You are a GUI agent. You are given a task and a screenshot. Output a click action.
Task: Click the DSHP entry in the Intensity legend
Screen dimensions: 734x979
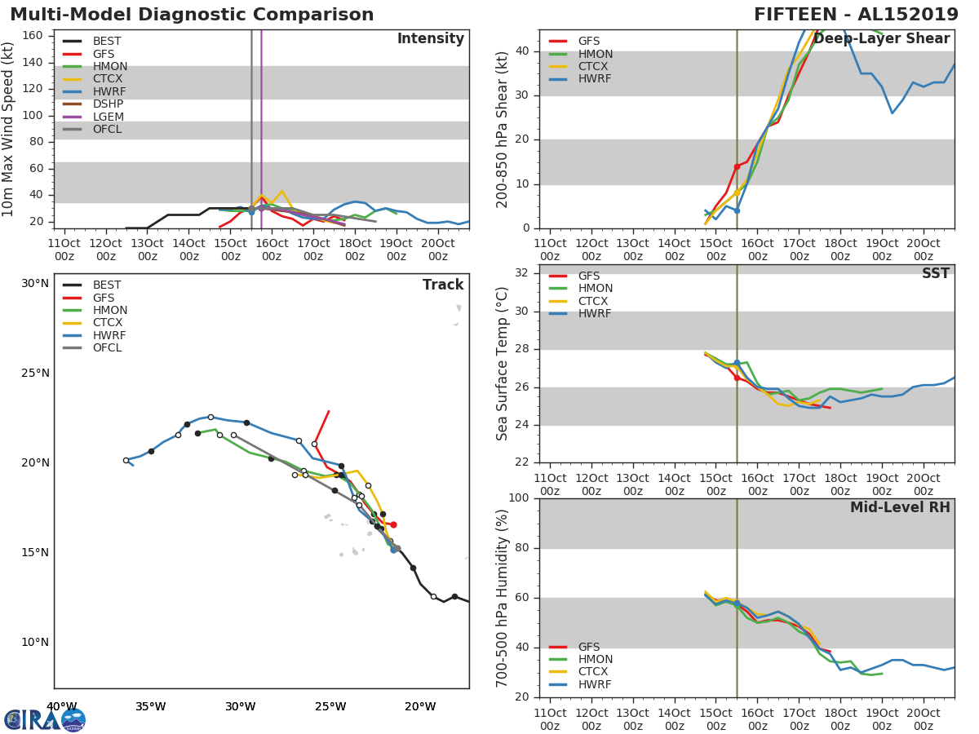(x=108, y=104)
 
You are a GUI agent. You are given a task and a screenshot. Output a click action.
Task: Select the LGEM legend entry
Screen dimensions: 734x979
(x=108, y=117)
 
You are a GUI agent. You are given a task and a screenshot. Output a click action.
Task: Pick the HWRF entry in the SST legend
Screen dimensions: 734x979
(x=594, y=314)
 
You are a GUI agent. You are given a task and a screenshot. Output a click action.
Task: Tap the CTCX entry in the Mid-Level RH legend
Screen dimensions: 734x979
(x=594, y=672)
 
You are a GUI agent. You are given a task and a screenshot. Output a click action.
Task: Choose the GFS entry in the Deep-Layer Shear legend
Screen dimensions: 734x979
(x=589, y=42)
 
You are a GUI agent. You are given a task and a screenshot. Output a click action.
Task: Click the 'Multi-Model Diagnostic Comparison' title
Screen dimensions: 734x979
(x=192, y=15)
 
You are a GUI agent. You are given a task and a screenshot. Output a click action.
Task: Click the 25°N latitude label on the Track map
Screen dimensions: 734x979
(x=35, y=374)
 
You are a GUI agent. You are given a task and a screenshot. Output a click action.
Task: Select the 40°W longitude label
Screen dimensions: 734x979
(x=61, y=706)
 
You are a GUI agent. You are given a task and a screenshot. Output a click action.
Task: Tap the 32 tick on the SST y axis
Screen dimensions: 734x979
(x=522, y=273)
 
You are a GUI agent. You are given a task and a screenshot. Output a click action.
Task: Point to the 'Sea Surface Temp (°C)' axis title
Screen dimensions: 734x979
(x=503, y=364)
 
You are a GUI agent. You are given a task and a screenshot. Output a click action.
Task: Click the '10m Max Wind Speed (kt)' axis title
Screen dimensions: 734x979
(x=9, y=129)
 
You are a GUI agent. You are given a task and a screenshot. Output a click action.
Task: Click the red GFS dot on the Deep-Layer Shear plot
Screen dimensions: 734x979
(x=737, y=166)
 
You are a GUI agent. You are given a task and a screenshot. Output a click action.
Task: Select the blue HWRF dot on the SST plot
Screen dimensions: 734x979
(x=737, y=363)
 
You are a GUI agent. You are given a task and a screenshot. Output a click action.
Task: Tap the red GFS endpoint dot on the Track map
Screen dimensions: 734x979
(x=393, y=524)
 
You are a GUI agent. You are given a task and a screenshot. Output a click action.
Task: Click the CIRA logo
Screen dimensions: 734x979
(x=45, y=720)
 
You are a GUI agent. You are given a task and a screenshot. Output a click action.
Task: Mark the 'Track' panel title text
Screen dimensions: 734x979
(x=443, y=285)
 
